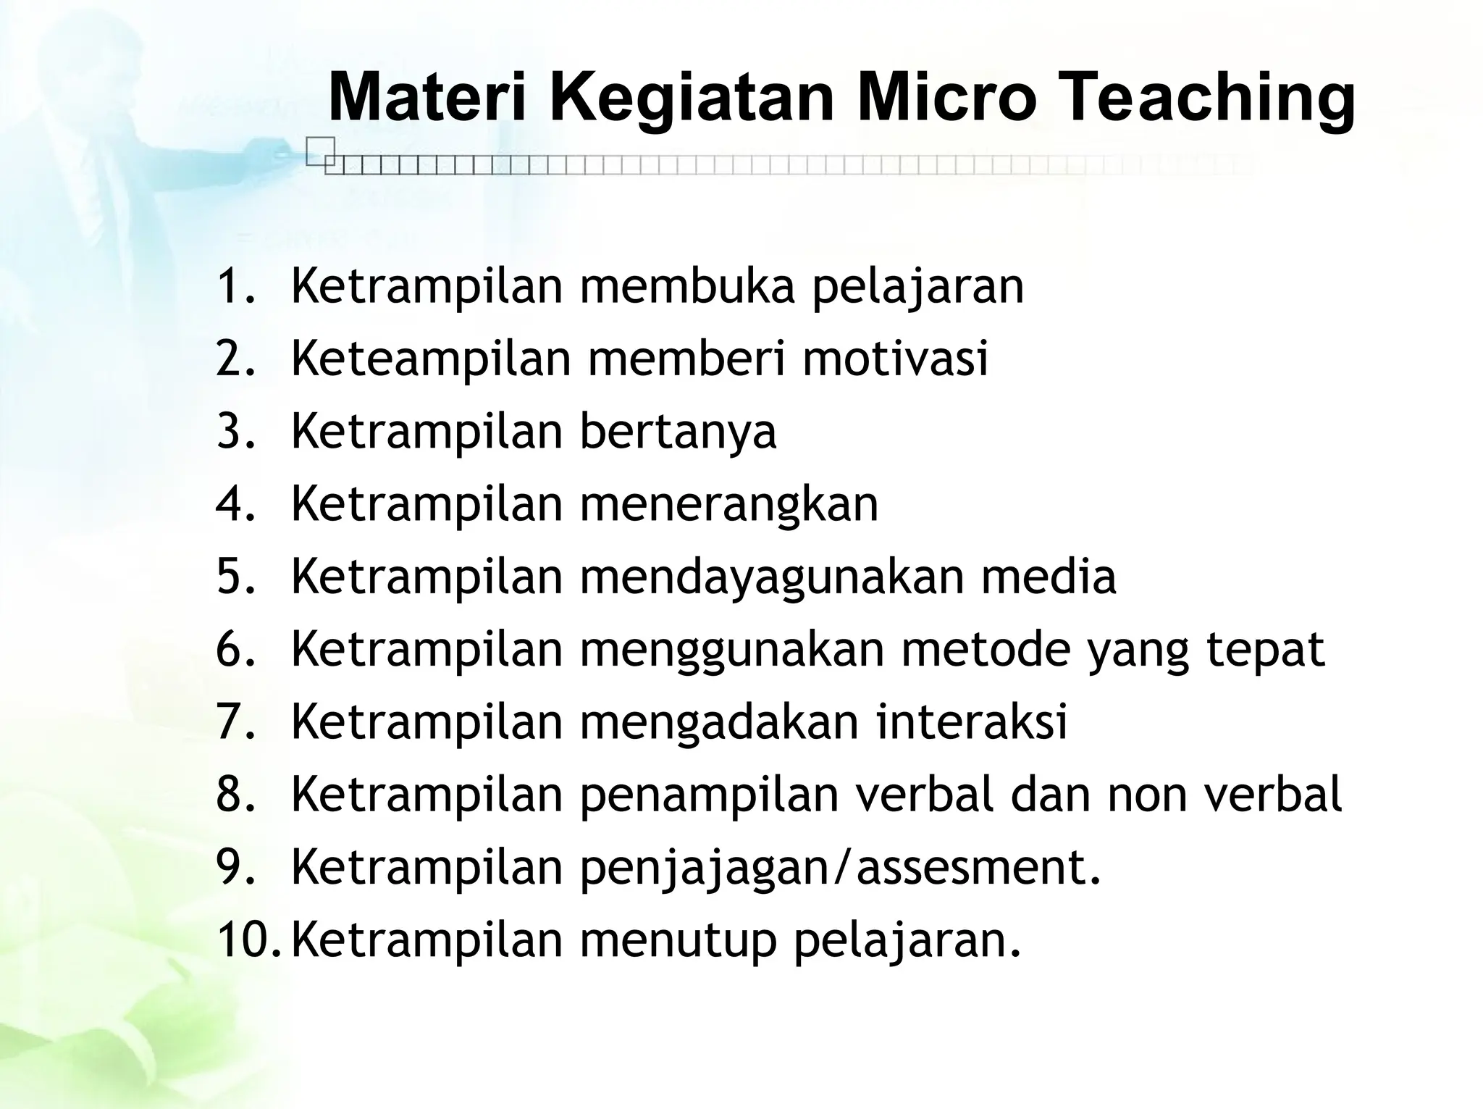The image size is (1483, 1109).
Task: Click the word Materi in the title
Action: click(x=432, y=98)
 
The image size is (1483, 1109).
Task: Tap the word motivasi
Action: click(x=895, y=358)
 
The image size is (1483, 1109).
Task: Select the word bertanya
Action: click(x=678, y=432)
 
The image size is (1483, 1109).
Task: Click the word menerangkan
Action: click(x=729, y=504)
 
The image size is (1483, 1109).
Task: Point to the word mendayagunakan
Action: click(x=772, y=577)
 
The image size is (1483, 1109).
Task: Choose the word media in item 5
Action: click(x=1049, y=577)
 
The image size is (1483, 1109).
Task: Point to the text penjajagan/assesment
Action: click(x=840, y=868)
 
